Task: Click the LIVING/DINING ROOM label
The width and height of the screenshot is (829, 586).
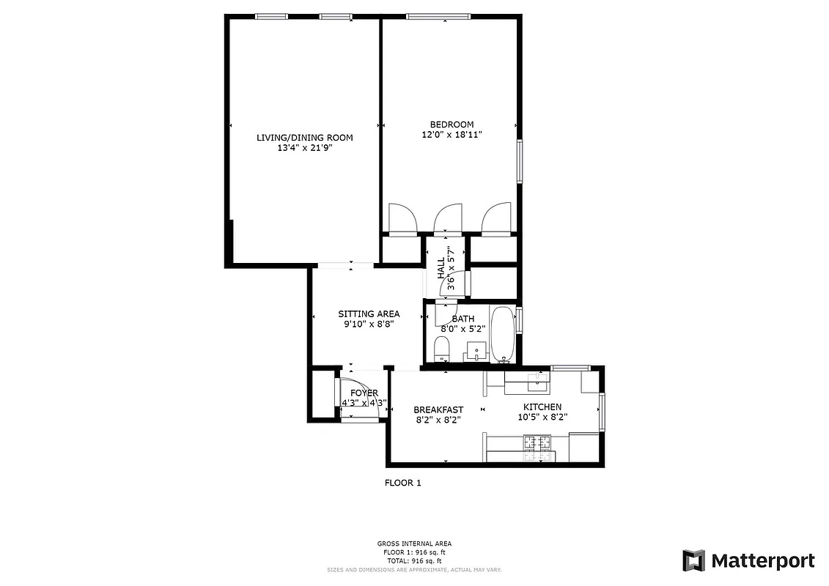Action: pos(304,137)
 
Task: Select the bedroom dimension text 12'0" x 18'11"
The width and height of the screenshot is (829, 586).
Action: pos(452,135)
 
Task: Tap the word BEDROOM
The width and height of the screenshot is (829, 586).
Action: pos(452,125)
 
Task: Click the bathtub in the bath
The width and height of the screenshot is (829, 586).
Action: pos(503,333)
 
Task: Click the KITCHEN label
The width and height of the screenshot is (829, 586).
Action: pos(542,407)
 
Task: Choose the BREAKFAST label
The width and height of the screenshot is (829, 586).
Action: pos(438,409)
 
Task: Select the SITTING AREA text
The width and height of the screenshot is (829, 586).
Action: pos(369,314)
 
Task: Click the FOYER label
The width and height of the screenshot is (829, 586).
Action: pos(364,393)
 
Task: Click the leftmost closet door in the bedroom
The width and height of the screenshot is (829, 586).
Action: pos(402,219)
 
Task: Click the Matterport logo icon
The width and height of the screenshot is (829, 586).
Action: pos(693,561)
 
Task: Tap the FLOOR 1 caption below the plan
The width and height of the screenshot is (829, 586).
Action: pos(403,483)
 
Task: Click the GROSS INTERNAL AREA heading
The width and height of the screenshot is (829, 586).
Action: pos(414,544)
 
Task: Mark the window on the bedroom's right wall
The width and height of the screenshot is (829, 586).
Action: pos(520,161)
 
